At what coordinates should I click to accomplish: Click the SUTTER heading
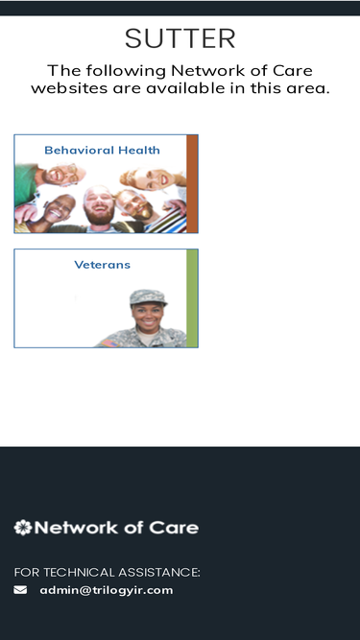coord(180,38)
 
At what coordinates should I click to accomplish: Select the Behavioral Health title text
coord(102,151)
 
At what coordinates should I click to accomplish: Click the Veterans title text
coord(103,265)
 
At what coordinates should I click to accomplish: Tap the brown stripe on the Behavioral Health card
coord(192,183)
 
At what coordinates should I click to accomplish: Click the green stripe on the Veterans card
coord(192,298)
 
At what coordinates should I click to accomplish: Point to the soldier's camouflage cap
coord(148,297)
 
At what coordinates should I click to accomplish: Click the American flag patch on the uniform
coord(109,343)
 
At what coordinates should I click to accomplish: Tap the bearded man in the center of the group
coord(98,207)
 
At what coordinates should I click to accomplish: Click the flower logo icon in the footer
coord(22,528)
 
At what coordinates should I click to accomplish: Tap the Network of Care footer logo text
coord(117,528)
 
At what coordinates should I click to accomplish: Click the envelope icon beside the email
coord(20,590)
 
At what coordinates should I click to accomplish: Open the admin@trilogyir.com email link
coord(107,590)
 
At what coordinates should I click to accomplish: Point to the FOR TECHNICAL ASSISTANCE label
coord(107,573)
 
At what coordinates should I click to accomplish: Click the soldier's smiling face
coord(148,318)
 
